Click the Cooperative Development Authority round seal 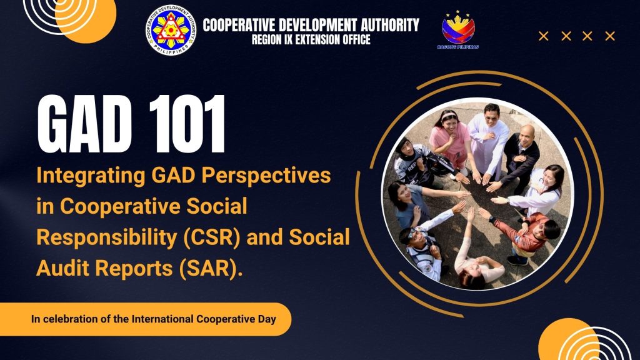[171, 31]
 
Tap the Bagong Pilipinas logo [458, 30]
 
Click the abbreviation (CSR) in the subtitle [212, 237]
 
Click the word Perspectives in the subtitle [266, 176]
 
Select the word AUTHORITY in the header [390, 25]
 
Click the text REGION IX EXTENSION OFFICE [311, 40]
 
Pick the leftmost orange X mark [543, 36]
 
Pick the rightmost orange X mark [610, 36]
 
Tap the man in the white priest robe [487, 141]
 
